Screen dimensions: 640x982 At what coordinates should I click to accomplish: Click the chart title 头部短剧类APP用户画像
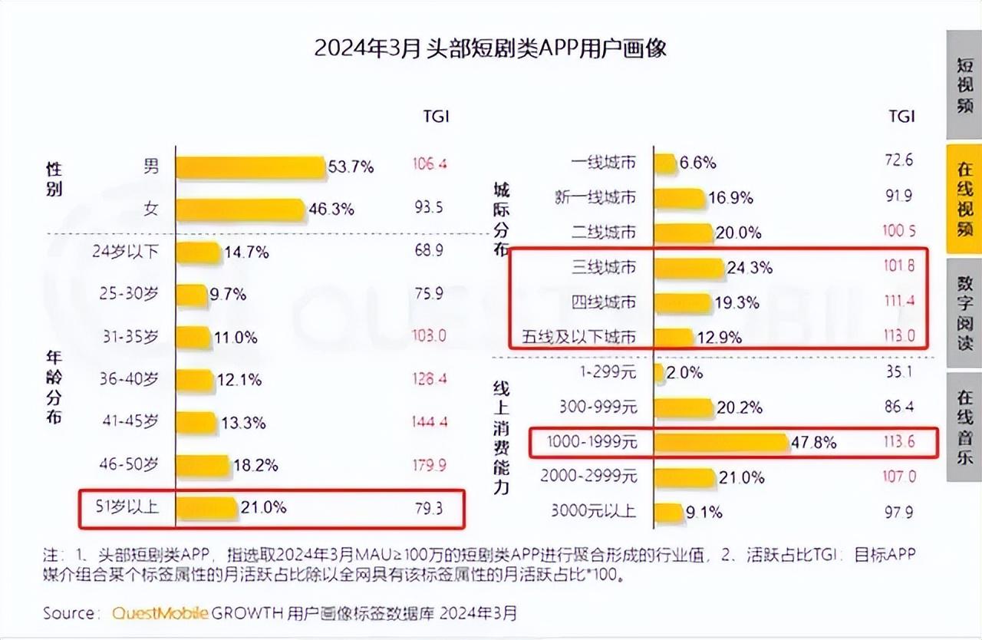tap(490, 48)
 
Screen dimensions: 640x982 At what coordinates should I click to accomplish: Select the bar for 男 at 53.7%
tap(250, 167)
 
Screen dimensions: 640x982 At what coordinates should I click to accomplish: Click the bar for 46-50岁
tap(202, 465)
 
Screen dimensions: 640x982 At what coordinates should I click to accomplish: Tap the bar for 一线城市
tap(665, 163)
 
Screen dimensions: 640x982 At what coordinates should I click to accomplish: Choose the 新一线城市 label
tap(595, 197)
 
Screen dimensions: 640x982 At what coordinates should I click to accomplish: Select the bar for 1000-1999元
tap(721, 443)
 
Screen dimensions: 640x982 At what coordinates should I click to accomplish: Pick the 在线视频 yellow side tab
tap(964, 198)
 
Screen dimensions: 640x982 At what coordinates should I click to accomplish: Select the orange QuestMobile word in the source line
tap(160, 613)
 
